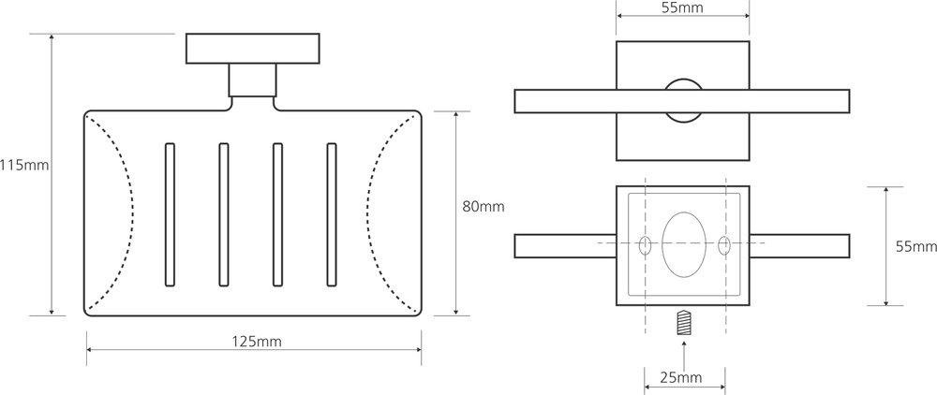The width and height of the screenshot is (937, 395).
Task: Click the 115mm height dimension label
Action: [x=24, y=165]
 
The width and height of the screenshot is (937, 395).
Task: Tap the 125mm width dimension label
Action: [x=257, y=342]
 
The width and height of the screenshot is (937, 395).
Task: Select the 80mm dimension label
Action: [x=483, y=207]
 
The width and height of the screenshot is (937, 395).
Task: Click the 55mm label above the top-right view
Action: [x=682, y=7]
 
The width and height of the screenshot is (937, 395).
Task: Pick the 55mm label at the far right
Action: [x=916, y=246]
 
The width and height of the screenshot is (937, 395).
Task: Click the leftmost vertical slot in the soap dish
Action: [x=170, y=214]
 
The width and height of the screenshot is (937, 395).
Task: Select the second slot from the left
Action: [x=224, y=214]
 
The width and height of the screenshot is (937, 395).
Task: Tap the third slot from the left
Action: [x=277, y=214]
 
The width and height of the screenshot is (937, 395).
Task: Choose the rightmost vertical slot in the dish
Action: [x=332, y=214]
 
